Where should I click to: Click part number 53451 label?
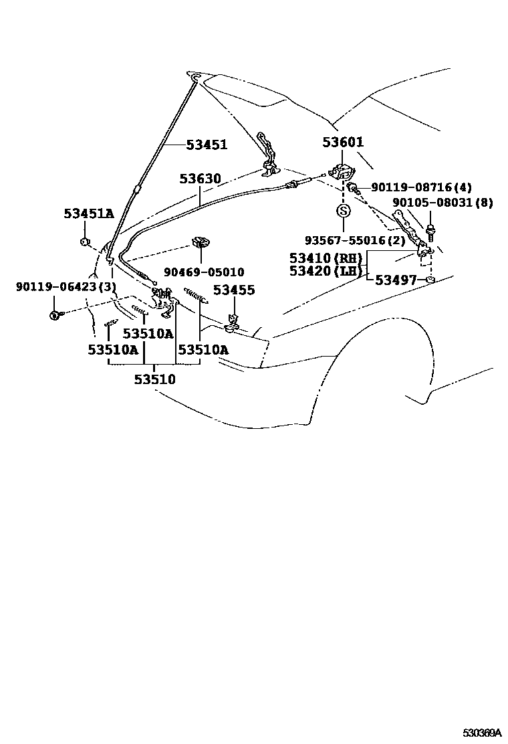coord(207,145)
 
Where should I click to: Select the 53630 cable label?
coord(200,179)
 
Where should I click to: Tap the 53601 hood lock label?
coord(343,142)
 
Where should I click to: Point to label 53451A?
coord(89,213)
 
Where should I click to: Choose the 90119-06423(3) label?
coord(66,287)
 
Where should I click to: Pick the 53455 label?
coord(234,290)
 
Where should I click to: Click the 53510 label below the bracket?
coord(154,379)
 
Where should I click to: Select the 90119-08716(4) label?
coord(421,189)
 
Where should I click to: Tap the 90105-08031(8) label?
coord(442,203)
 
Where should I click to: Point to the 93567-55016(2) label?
coord(355,240)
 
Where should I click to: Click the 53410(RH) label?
coord(326,258)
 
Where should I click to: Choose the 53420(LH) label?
coord(326,271)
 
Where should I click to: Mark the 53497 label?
coord(396,280)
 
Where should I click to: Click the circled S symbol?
coord(343,211)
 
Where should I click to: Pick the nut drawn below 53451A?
coord(85,240)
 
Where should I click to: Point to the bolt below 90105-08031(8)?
coord(430,234)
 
